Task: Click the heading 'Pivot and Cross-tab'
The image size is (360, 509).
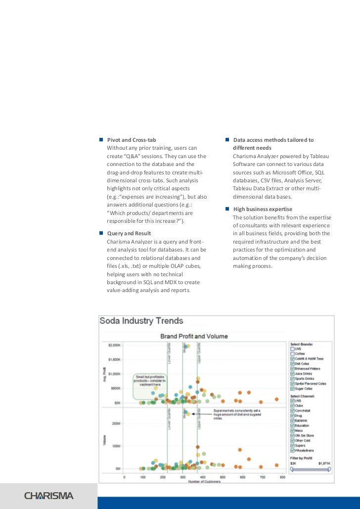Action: [132, 140]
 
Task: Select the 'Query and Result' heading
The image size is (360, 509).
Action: [129, 233]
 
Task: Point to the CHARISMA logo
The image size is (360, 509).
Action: [49, 496]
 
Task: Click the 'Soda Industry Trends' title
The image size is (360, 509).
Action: [141, 321]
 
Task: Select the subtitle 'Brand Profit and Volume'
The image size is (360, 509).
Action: [194, 336]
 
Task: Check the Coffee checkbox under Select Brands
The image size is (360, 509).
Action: [292, 354]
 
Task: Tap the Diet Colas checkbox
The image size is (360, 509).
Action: [292, 363]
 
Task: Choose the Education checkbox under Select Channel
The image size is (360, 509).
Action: [292, 425]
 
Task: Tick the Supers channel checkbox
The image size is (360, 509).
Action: [292, 445]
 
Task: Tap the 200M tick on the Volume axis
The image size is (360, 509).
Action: [117, 424]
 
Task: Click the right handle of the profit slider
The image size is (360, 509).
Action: [330, 469]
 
